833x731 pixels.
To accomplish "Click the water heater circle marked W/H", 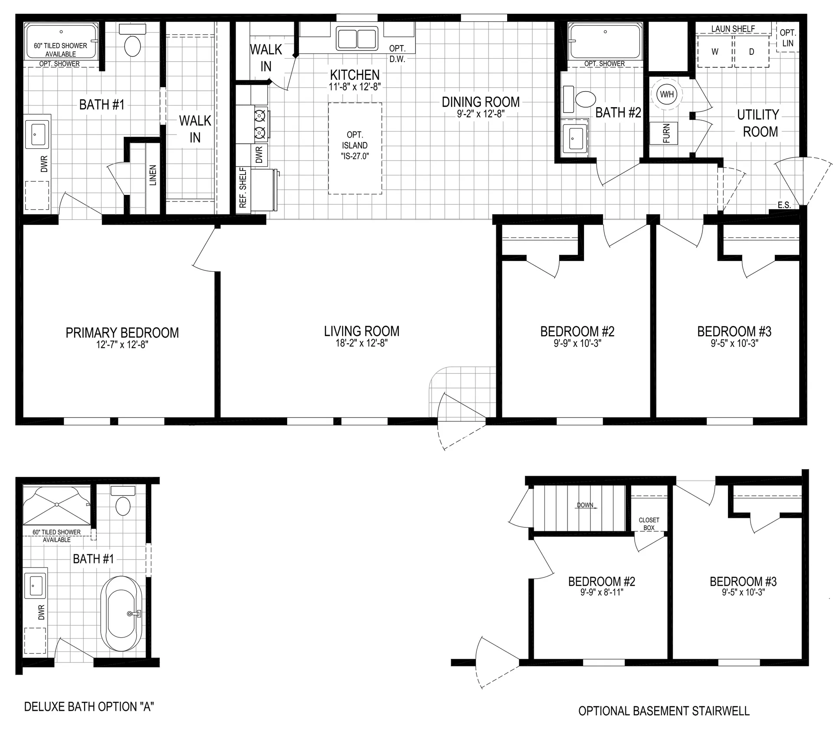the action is [x=667, y=94].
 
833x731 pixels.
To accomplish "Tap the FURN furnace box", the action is [x=663, y=133].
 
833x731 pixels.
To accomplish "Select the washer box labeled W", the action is [x=715, y=52].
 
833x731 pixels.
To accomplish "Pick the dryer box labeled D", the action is [x=752, y=52].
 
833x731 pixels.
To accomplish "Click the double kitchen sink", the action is [x=357, y=38].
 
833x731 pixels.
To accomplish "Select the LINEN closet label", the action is [x=153, y=175].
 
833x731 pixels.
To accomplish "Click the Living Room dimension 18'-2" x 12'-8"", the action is [x=362, y=343].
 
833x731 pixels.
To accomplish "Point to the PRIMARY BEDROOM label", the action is [x=122, y=333].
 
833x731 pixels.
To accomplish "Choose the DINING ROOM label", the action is [x=481, y=102].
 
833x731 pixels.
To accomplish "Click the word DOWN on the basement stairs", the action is [x=585, y=505].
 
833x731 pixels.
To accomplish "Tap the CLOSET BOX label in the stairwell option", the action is [x=649, y=524].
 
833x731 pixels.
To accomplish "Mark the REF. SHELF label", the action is [x=243, y=188].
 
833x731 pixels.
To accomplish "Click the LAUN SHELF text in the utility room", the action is [x=733, y=29].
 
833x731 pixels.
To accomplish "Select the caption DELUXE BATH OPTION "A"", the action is [x=89, y=707].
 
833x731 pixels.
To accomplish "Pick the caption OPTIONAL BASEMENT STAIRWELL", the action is [x=664, y=711].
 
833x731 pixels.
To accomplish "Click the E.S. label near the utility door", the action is [x=784, y=205].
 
